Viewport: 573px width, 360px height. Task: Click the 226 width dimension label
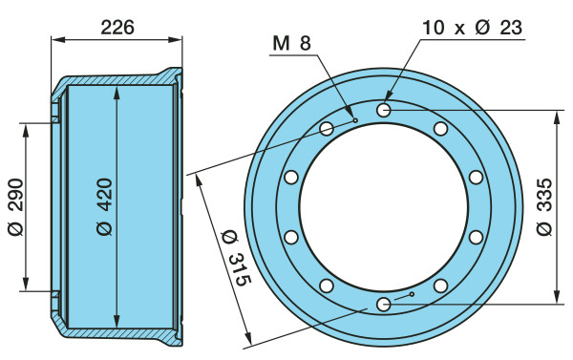pos(117,28)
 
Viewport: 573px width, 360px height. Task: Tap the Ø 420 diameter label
pos(105,206)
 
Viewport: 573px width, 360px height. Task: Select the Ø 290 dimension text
pos(15,207)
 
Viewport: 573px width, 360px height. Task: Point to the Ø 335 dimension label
pos(545,207)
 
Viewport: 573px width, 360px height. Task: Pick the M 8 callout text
pos(291,43)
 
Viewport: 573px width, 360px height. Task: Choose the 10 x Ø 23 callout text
pos(473,28)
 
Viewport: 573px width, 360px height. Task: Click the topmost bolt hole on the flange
pos(384,110)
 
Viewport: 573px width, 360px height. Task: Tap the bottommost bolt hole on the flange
pos(384,304)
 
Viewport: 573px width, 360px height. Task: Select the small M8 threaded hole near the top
pos(355,120)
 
